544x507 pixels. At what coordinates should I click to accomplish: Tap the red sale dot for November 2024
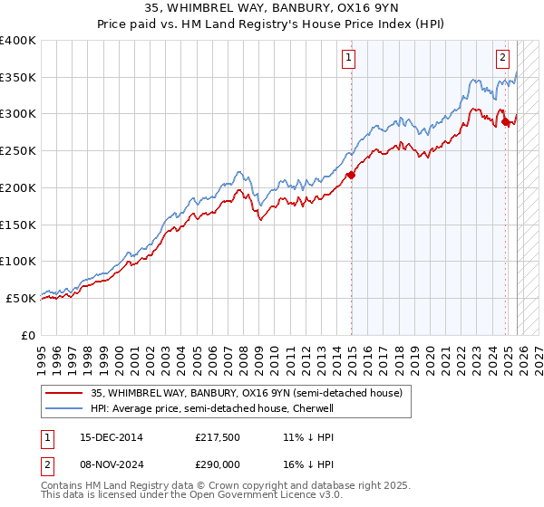click(x=505, y=121)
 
